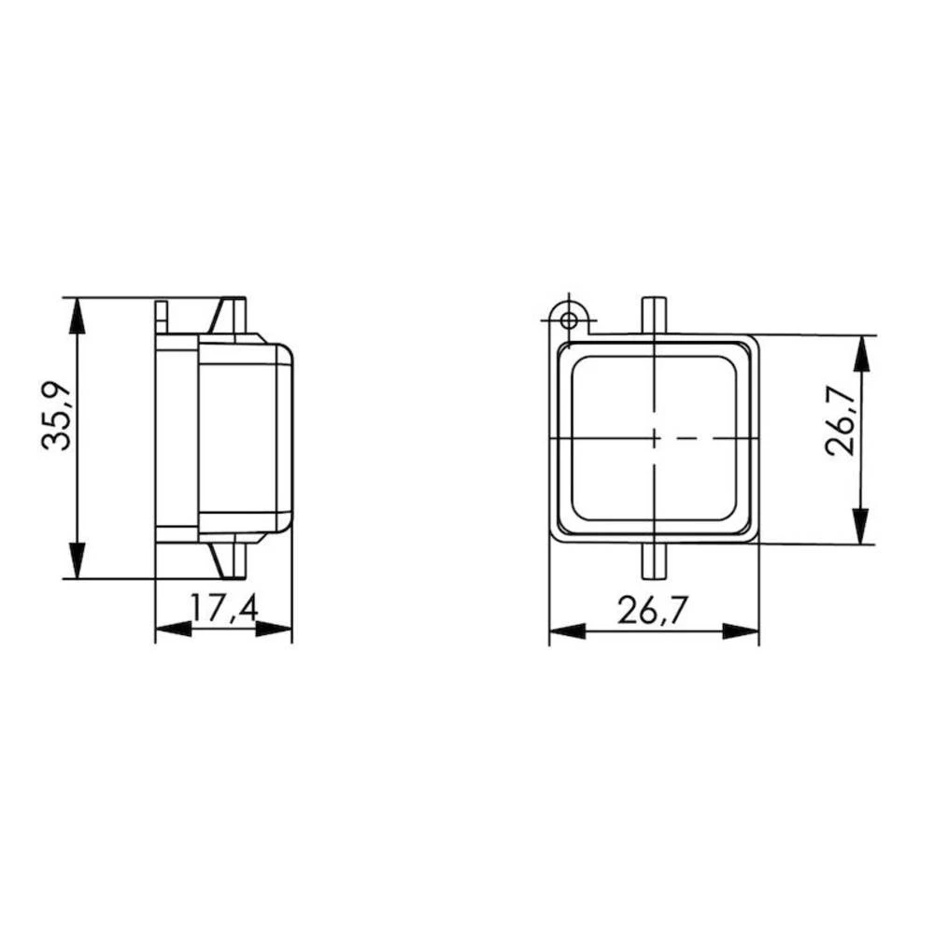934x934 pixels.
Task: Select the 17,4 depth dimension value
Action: pyautogui.click(x=224, y=609)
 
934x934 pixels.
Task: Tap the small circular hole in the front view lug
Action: pyautogui.click(x=568, y=320)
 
